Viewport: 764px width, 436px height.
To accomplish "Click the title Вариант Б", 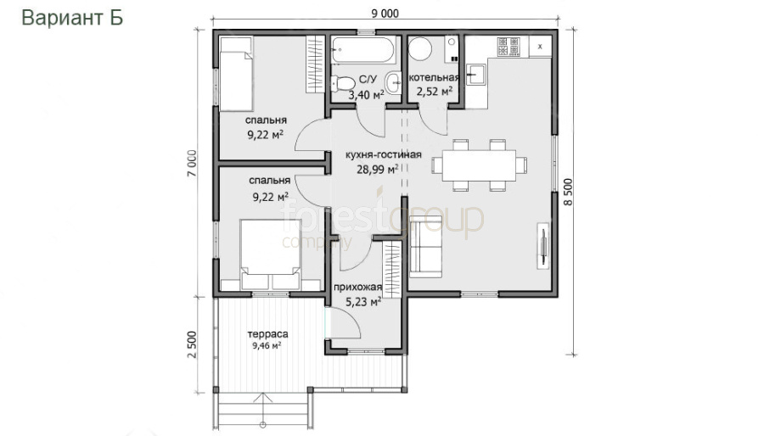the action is tap(72, 18).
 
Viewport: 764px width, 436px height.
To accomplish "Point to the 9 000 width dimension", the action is tap(385, 13).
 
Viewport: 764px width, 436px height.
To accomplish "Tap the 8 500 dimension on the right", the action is tap(569, 192).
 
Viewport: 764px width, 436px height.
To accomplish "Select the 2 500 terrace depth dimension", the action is tap(192, 344).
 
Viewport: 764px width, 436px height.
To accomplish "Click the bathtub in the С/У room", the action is tap(364, 50).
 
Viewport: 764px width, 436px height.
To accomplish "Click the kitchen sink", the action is tap(476, 75).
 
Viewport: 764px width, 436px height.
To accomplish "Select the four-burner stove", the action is tap(508, 48).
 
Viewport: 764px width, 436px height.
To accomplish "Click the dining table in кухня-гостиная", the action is tap(479, 165).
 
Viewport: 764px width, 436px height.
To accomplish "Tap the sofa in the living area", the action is tap(425, 247).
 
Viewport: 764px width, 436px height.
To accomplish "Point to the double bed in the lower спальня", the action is tap(270, 254).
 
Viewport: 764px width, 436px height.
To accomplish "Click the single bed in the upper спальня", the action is tap(236, 74).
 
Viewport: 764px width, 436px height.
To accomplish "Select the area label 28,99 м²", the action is tap(378, 169).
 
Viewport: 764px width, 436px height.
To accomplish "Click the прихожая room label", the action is tap(357, 288).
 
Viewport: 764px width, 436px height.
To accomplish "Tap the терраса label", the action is tap(267, 334).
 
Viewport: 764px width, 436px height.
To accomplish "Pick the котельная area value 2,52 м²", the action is tap(434, 91).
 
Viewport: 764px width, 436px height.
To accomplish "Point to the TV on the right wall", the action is tap(542, 245).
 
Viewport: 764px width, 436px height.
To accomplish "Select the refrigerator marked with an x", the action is tap(541, 47).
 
